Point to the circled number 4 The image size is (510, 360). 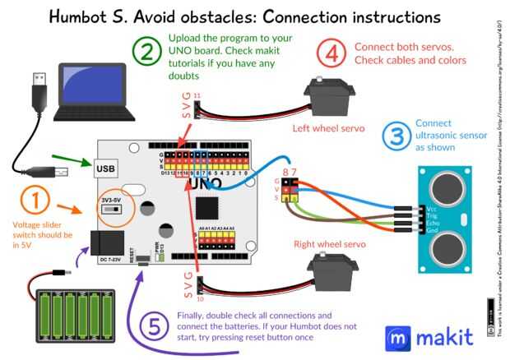tap(331, 54)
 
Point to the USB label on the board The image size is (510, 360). tap(106, 169)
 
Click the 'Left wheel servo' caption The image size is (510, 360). tap(327, 128)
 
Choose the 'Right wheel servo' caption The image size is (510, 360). tap(331, 243)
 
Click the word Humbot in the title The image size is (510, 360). tap(93, 16)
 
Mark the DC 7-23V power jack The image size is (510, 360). tap(108, 245)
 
